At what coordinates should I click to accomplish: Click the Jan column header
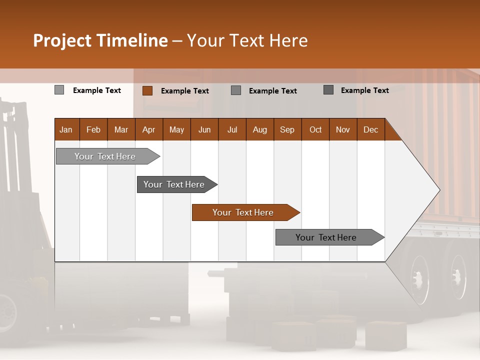point(66,129)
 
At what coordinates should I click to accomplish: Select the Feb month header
point(93,129)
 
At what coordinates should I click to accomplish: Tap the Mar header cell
point(121,129)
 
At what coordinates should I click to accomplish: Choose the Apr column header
point(149,129)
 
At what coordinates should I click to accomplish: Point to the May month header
point(176,129)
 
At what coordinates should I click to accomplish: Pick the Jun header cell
point(204,129)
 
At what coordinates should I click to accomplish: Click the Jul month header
point(232,129)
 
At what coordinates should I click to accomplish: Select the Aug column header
point(260,129)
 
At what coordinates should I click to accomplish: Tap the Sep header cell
point(287,129)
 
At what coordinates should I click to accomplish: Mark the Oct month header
point(315,129)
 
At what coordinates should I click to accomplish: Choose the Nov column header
point(343,129)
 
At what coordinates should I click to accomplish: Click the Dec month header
point(371,129)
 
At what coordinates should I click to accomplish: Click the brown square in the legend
point(147,90)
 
